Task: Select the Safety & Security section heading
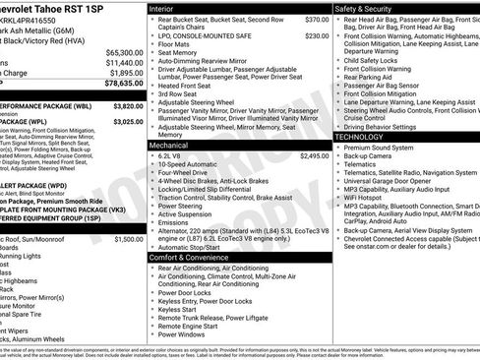click(368, 7)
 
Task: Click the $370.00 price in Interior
click(317, 19)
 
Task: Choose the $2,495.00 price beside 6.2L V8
click(315, 155)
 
